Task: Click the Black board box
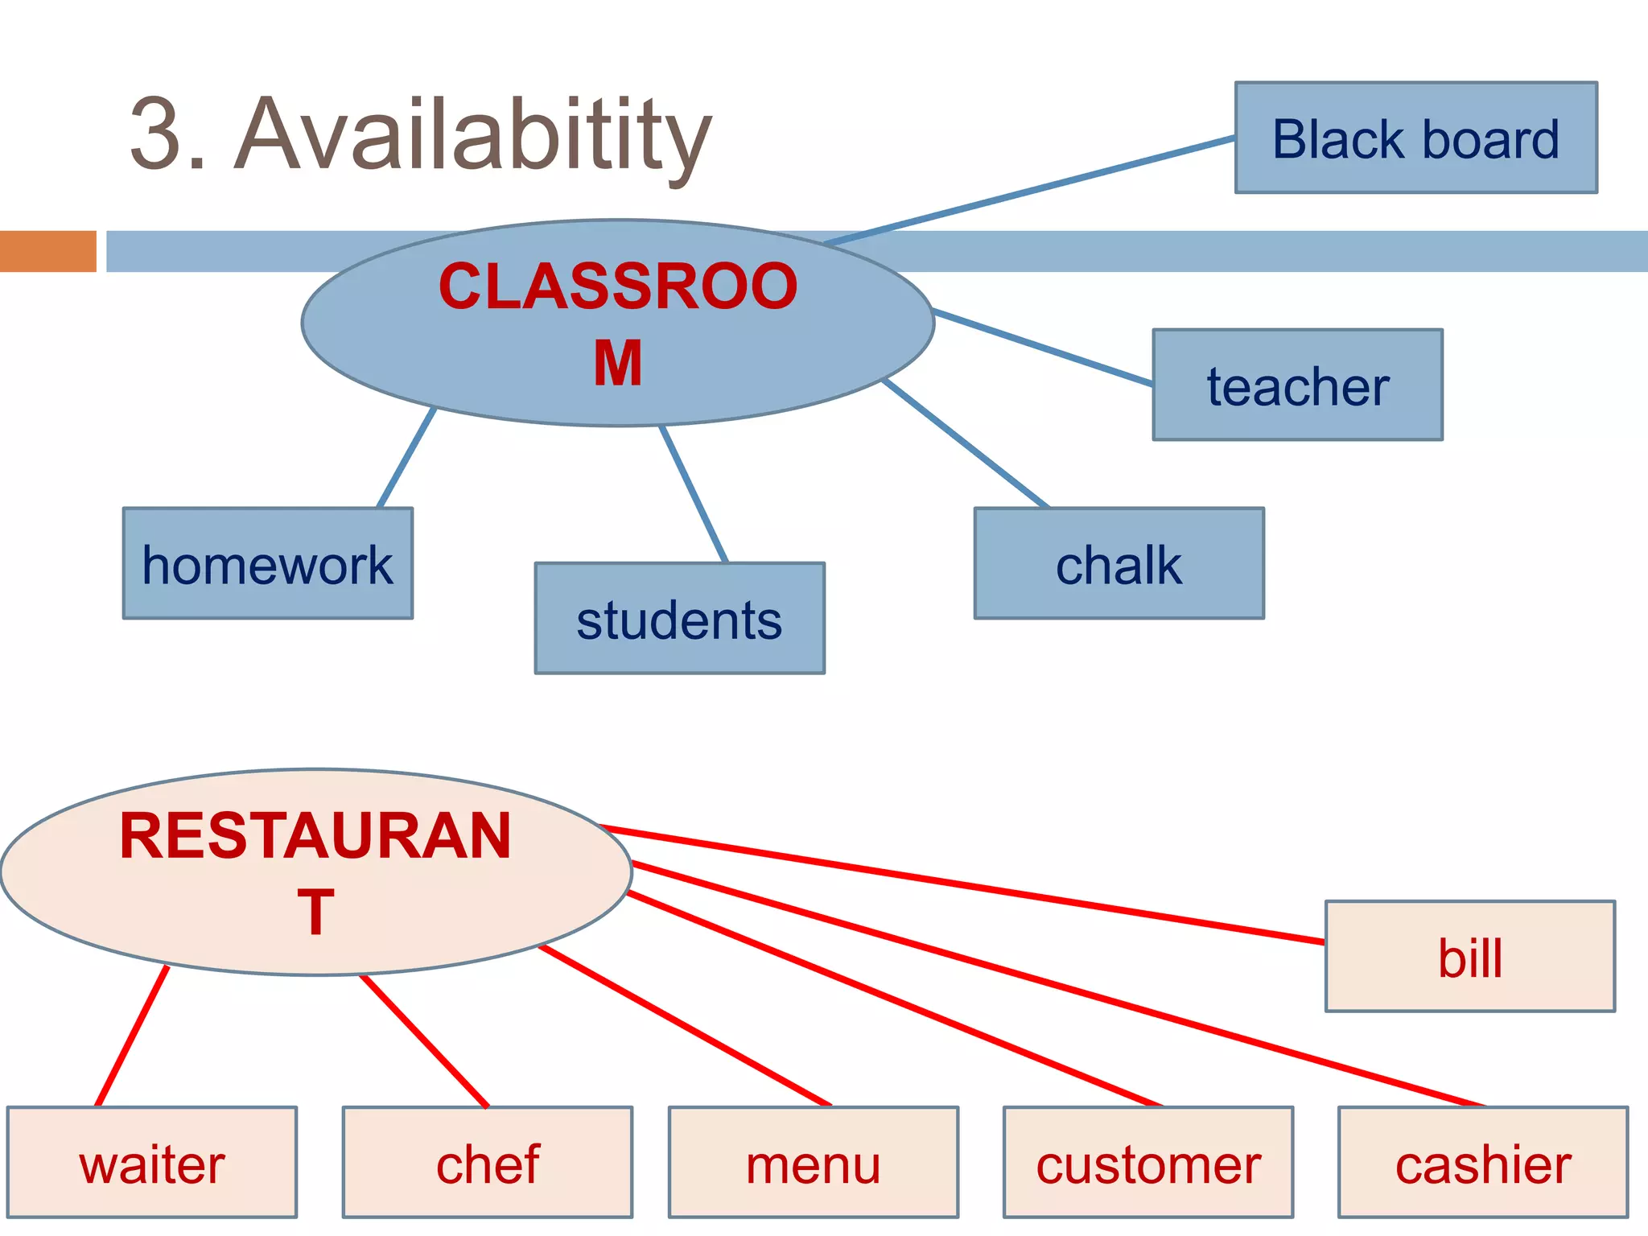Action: pyautogui.click(x=1415, y=138)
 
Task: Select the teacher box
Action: pyautogui.click(x=1297, y=385)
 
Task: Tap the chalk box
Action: pyautogui.click(x=1119, y=563)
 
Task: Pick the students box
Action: pyautogui.click(x=679, y=618)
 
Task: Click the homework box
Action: pyautogui.click(x=267, y=563)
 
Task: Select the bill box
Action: pyautogui.click(x=1469, y=956)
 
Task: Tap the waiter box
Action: pyautogui.click(x=151, y=1162)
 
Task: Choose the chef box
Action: pyautogui.click(x=487, y=1162)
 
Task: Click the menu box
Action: pyautogui.click(x=813, y=1162)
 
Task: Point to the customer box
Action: pyautogui.click(x=1147, y=1162)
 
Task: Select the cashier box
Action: pyautogui.click(x=1482, y=1162)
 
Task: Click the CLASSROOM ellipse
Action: pyautogui.click(x=617, y=323)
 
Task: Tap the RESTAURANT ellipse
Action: pyautogui.click(x=315, y=872)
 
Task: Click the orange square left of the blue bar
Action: pyautogui.click(x=47, y=251)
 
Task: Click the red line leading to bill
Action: pyautogui.click(x=966, y=884)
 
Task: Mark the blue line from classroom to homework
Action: pyautogui.click(x=406, y=458)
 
